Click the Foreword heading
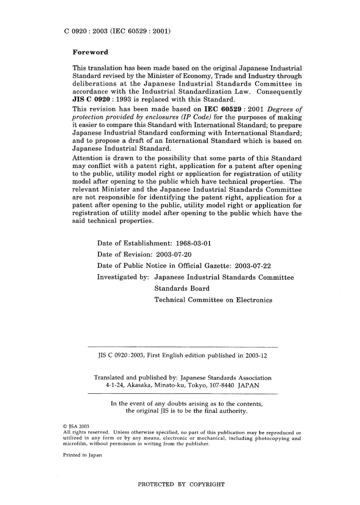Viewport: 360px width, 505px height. coord(90,52)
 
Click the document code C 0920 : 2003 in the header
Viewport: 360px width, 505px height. coord(85,31)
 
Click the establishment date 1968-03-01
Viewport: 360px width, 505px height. coord(194,243)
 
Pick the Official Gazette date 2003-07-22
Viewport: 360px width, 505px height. coord(253,266)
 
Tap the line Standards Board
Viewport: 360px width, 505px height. coord(182,289)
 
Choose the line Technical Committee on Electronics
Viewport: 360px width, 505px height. coord(213,300)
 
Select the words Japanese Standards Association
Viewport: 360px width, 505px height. coord(226,378)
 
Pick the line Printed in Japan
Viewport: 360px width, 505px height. coord(82,455)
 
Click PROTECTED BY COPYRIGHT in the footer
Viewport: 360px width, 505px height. coord(181,484)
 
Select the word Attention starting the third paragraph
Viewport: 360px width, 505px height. coord(87,158)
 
